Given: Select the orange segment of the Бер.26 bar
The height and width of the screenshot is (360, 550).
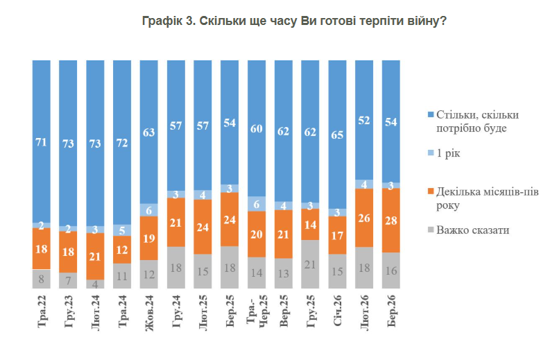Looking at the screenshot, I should (392, 220).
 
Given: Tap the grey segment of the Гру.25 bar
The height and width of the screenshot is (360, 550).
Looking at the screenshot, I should (311, 264).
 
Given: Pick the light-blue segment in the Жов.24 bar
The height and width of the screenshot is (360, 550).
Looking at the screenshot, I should (149, 209).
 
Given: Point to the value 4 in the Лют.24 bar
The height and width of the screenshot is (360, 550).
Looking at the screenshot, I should (95, 284).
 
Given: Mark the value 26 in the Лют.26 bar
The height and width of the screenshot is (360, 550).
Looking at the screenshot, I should (365, 218).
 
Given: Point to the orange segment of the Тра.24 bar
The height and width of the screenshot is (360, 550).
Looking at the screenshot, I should (122, 250).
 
